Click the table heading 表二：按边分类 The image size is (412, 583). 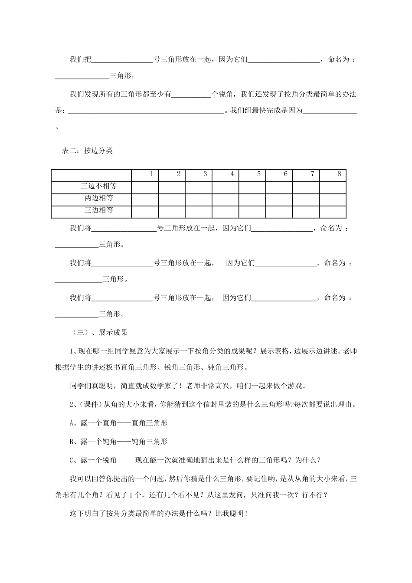88,151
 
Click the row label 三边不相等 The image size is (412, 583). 99,187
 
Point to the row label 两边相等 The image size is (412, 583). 99,198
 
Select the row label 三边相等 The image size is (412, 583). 99,210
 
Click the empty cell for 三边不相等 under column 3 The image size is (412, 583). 199,187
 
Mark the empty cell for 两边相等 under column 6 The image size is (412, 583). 279,199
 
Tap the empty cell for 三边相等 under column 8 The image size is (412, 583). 333,211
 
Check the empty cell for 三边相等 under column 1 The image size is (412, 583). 145,211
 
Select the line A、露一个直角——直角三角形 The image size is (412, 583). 118,423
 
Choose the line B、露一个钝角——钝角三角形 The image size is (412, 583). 118,442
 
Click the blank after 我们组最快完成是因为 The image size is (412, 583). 330,111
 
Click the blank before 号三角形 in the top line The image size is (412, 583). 122,60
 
